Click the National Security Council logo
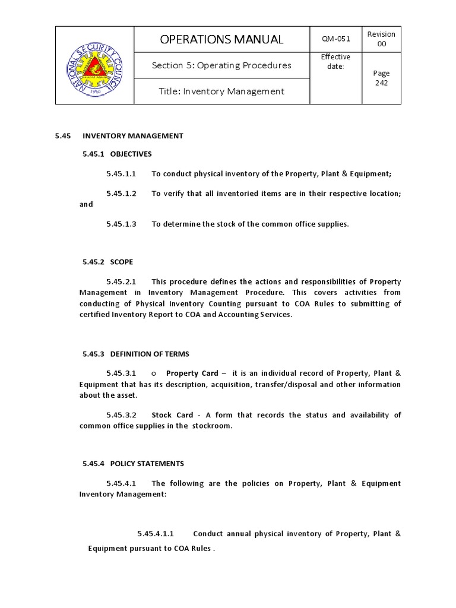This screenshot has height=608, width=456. pos(94,65)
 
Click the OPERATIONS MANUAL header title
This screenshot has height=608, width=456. pos(221,40)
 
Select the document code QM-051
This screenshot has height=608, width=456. pos(335,39)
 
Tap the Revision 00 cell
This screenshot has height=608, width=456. pos(381,39)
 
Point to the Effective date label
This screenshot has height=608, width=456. pos(335,61)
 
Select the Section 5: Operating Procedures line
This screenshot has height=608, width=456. pos(221,65)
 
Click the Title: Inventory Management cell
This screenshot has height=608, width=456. pos(221,91)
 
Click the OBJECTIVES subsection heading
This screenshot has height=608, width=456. pos(131,154)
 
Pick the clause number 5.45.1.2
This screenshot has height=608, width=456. pos(121,194)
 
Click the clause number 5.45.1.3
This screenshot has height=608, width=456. pos(121,224)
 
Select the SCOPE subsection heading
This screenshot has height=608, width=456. pos(121,262)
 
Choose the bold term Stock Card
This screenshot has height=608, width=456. pos(171,415)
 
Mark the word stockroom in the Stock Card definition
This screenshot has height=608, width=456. pos(211,426)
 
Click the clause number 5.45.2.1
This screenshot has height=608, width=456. pos(121,281)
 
